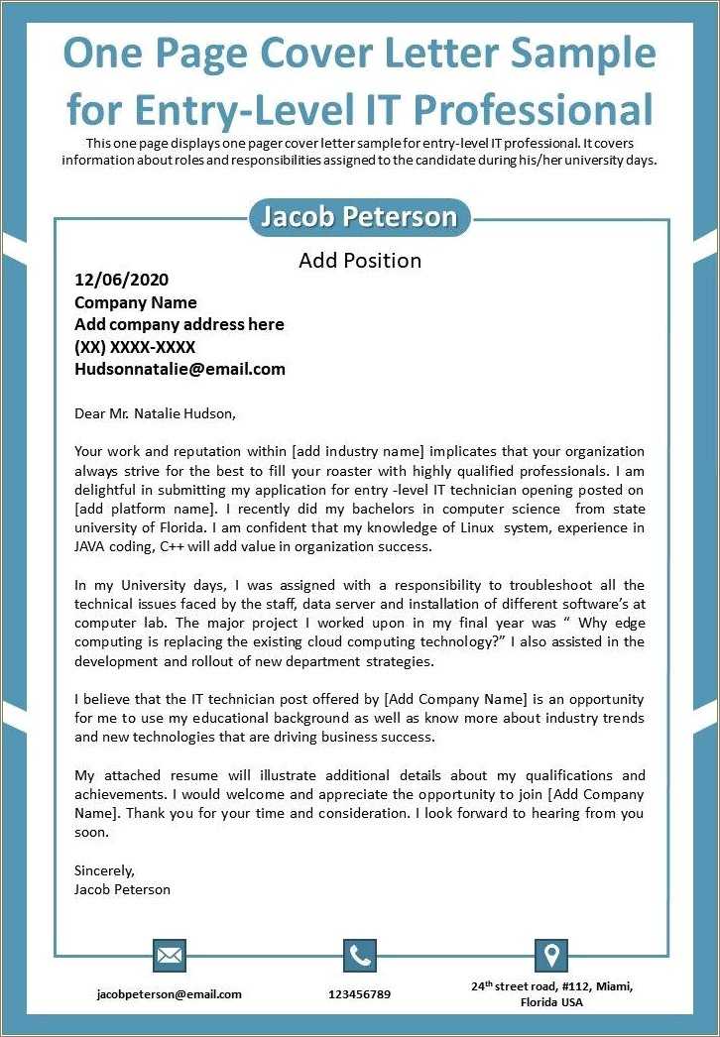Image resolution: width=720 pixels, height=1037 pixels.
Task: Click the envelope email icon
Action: [170, 956]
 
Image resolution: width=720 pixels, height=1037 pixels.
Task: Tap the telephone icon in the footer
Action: [360, 956]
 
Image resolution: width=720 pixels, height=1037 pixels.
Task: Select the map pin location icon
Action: [550, 956]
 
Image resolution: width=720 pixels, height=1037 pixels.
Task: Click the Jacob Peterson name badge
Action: [359, 217]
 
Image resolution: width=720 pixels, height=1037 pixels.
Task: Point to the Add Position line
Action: [360, 261]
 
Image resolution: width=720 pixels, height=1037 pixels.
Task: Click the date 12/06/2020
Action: [122, 281]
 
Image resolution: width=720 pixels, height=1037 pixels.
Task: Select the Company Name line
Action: [136, 302]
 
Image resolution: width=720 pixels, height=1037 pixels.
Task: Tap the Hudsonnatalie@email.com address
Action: [180, 369]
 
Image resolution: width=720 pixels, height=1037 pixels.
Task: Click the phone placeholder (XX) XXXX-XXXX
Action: [135, 347]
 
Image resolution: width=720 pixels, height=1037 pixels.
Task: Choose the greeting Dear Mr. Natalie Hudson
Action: [156, 413]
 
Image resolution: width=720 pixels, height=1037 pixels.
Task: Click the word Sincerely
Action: [104, 870]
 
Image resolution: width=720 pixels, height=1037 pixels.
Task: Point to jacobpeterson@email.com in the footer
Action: [169, 993]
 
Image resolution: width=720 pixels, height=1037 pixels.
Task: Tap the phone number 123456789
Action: [359, 993]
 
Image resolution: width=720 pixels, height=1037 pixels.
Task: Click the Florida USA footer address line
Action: [551, 1002]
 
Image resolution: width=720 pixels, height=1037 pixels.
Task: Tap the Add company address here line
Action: [180, 324]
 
